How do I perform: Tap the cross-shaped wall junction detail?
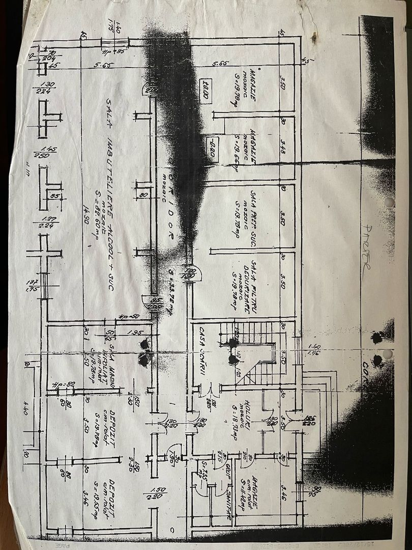point(44,253)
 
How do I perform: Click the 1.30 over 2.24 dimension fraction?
point(46,88)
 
